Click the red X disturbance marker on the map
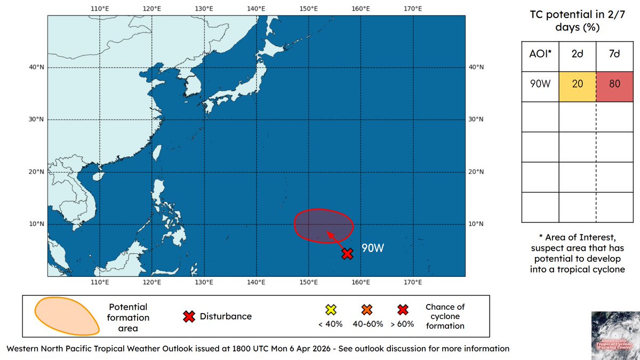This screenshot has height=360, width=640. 347,254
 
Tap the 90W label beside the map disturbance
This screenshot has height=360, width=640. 373,249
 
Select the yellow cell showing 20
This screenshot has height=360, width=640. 577,86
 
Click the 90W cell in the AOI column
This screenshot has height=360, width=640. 540,86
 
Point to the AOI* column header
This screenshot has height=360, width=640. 540,56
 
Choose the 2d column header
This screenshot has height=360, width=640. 577,56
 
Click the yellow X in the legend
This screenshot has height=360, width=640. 330,309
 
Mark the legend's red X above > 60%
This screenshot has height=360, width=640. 403,309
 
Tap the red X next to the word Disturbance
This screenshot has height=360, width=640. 188,316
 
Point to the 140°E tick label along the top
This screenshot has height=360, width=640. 256,9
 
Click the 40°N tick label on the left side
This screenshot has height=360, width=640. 37,67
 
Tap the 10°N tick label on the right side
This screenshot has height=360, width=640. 476,224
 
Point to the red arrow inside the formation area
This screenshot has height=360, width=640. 335,241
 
